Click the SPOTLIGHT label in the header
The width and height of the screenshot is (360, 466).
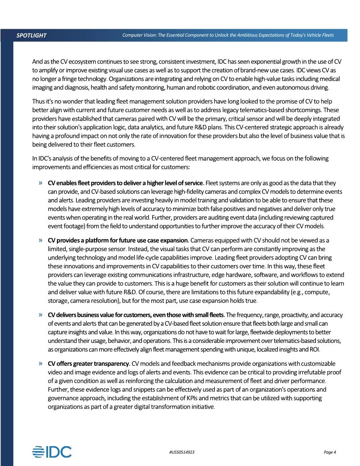tap(31, 35)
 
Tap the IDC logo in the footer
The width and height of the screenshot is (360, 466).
tap(52, 451)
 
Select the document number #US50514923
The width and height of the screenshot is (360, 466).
tap(182, 452)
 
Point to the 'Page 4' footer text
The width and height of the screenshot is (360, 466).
tap(330, 452)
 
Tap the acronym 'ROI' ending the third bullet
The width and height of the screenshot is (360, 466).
tap(314, 350)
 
